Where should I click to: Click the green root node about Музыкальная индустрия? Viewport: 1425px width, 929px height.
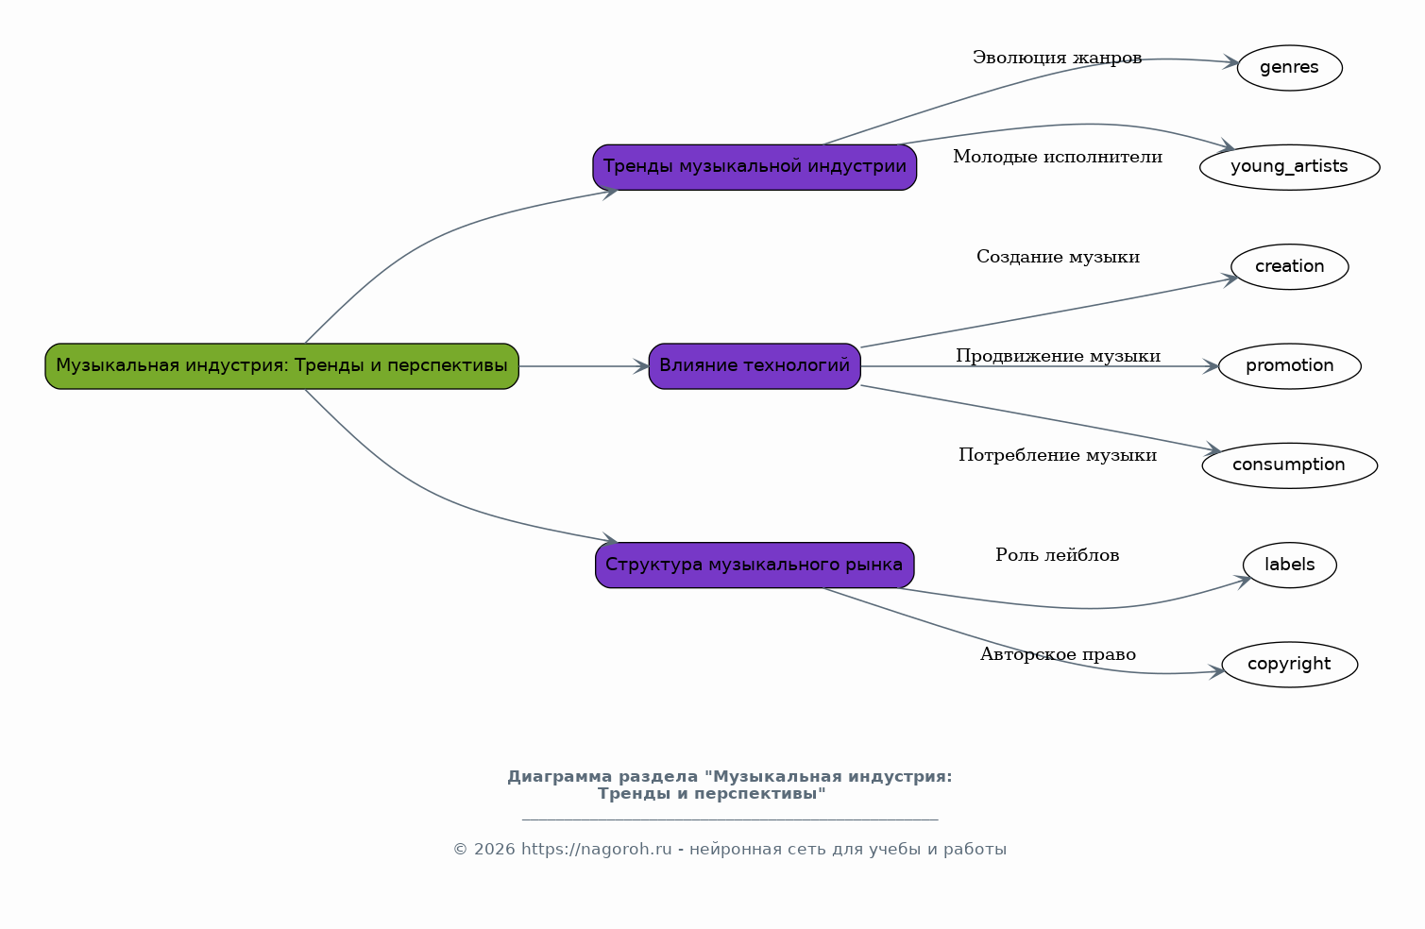tap(281, 365)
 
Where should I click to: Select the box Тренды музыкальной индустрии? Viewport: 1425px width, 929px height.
tap(754, 167)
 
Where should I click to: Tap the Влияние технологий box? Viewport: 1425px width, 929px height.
tap(754, 365)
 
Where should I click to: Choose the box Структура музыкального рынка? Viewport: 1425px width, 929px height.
tap(754, 565)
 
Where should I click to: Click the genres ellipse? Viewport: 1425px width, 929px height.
tap(1289, 68)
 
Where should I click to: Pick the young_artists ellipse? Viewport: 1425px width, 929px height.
tap(1289, 167)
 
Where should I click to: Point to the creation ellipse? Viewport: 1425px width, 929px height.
tap(1289, 266)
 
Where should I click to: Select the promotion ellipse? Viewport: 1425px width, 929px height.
tap(1289, 365)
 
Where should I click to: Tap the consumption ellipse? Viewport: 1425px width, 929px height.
tap(1289, 464)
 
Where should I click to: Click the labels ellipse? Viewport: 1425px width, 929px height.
tap(1289, 565)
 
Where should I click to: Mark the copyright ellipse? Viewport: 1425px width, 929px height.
tap(1289, 664)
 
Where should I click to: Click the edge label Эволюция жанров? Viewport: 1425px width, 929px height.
tap(1057, 59)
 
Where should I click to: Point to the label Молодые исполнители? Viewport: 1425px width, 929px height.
tap(1057, 158)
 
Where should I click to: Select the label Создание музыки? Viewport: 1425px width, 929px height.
tap(1058, 257)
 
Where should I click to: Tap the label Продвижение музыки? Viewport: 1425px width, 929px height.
tap(1058, 356)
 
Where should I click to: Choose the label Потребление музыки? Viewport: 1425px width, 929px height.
tap(1058, 456)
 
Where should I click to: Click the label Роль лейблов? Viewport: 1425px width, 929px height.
tap(1057, 555)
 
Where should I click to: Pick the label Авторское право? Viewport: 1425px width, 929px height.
tap(1058, 654)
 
